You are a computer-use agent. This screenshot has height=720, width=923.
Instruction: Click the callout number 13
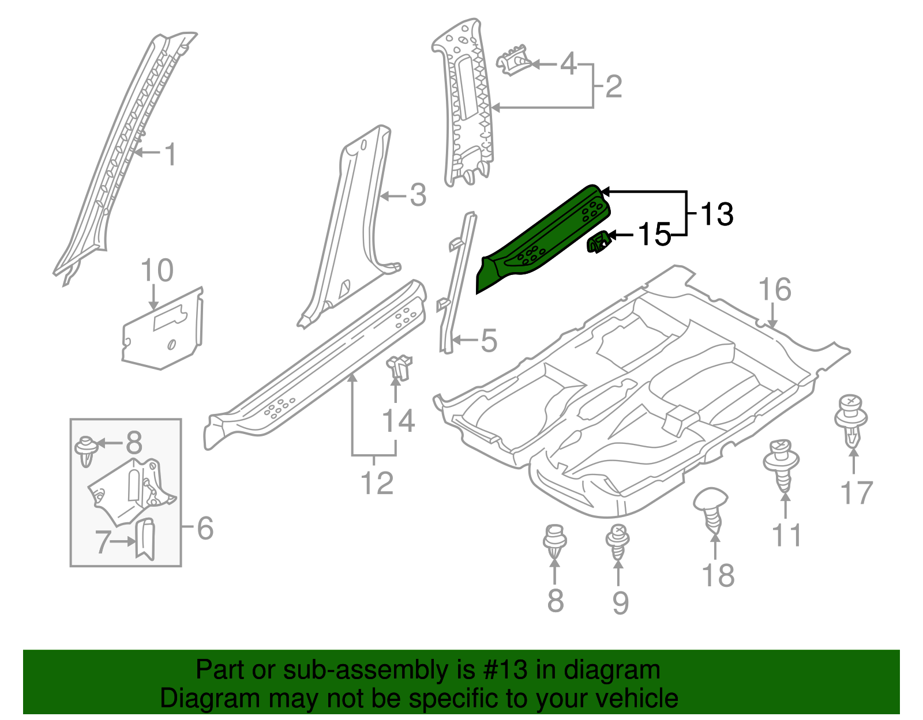tap(716, 214)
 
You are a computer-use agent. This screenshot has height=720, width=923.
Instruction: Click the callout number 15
tap(654, 235)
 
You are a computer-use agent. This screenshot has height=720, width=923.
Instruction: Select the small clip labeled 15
tap(598, 242)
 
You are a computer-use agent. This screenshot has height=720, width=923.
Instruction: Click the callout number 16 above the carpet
tap(774, 289)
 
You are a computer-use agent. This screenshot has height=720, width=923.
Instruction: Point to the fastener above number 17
tap(851, 421)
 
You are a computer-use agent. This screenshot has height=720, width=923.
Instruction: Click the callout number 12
tap(377, 482)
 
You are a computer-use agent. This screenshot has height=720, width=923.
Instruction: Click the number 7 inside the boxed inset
tap(103, 542)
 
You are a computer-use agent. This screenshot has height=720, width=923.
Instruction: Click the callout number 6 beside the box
tap(205, 528)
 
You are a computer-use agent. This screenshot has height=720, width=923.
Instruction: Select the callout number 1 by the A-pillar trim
tap(170, 154)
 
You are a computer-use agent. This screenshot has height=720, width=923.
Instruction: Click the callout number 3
tap(418, 195)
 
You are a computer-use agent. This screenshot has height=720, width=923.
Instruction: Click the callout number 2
tap(613, 86)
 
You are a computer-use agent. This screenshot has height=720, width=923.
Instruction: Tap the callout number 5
tap(488, 341)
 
